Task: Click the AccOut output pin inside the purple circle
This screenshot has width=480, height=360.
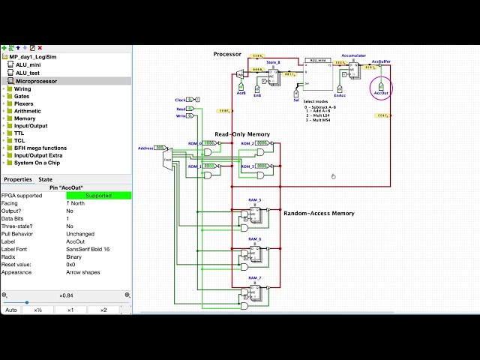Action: [x=381, y=88]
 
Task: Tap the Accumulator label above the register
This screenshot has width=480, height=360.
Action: [x=353, y=55]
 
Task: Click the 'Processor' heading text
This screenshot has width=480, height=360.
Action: [x=227, y=54]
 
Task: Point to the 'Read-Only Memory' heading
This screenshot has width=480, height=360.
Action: [x=242, y=134]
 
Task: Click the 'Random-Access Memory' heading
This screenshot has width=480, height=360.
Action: [x=319, y=214]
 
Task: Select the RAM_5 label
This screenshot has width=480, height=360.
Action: [x=255, y=201]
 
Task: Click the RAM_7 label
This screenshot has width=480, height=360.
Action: [x=255, y=278]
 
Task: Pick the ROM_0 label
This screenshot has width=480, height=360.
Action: [x=195, y=142]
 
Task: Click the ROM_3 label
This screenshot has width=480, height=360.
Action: [x=259, y=166]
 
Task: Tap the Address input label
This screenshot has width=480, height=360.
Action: [x=145, y=148]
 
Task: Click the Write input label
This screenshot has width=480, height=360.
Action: [x=181, y=116]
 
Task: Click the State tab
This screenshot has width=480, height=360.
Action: [x=46, y=179]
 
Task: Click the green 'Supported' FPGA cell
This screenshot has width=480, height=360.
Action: [x=98, y=196]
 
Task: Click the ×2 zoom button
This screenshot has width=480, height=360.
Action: [x=103, y=310]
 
